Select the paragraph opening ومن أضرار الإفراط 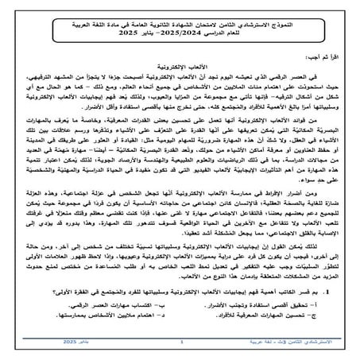[x=180, y=230]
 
